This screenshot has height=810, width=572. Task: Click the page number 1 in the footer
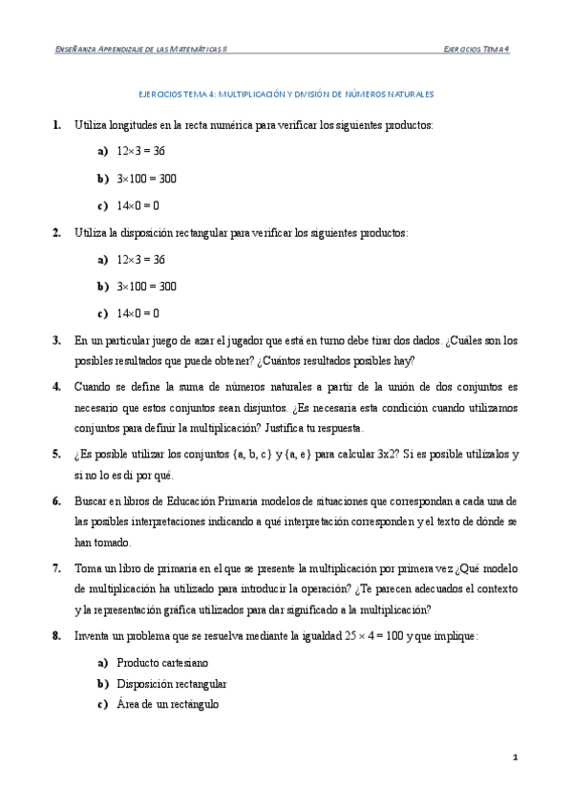[x=515, y=757]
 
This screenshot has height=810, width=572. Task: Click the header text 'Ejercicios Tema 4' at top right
[x=477, y=48]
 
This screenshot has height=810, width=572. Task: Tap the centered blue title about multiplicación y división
[x=286, y=95]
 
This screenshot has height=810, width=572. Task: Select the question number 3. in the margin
[x=56, y=340]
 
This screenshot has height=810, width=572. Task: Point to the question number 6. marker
[x=56, y=501]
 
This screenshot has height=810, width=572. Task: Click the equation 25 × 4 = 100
[x=373, y=635]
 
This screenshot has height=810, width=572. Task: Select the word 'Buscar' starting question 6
[x=91, y=501]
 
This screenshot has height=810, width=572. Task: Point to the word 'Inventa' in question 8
[x=93, y=635]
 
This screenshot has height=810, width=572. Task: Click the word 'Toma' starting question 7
[x=88, y=567]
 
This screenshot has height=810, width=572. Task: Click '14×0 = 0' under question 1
[x=138, y=205]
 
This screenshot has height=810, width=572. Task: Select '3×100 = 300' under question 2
[x=146, y=287]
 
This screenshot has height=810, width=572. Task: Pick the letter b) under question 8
[x=102, y=684]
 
